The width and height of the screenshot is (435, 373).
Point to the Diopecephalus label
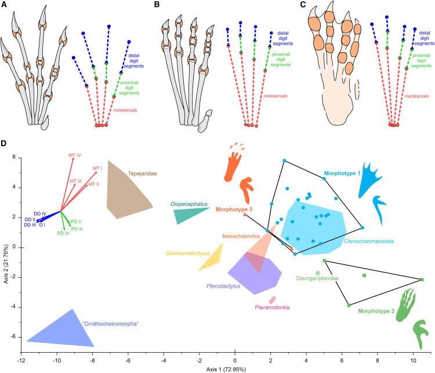[x=186, y=204]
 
